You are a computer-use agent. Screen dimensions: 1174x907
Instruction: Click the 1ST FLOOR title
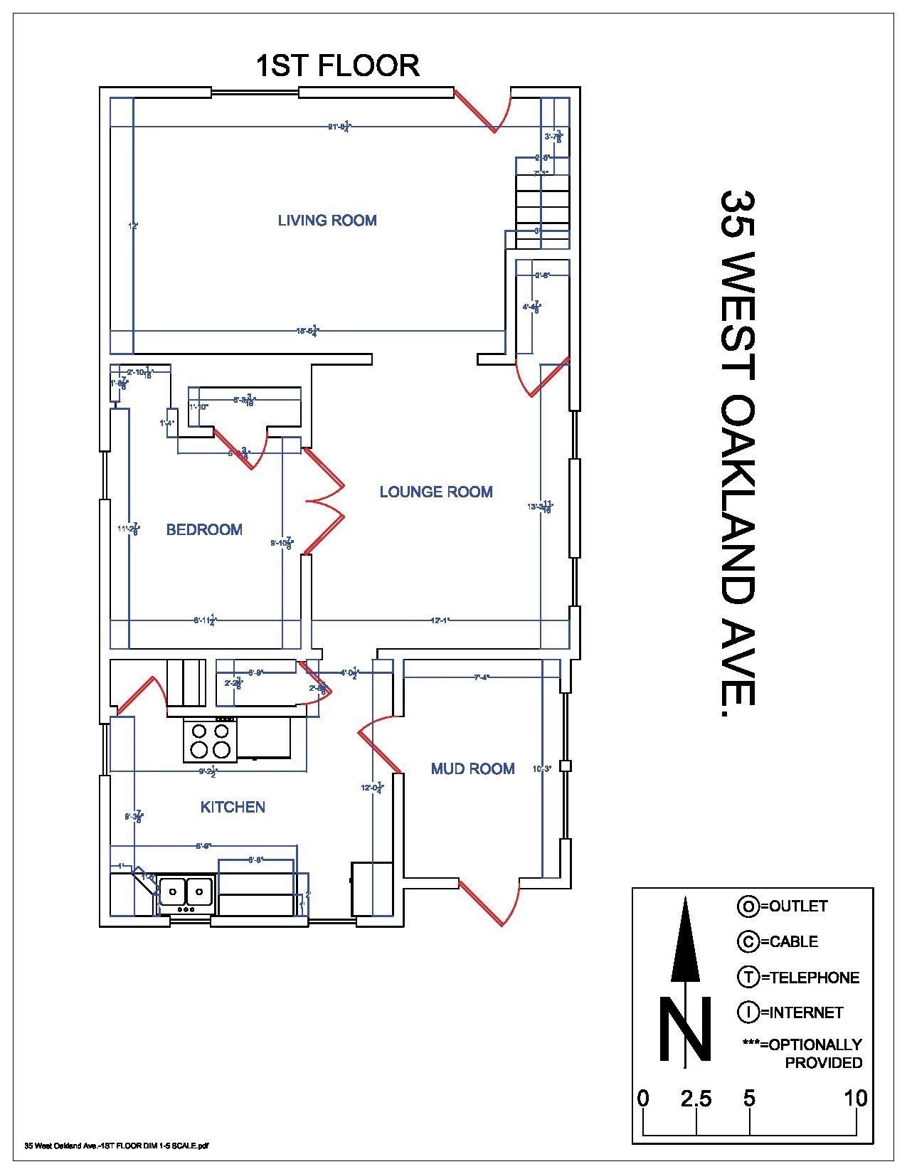point(337,65)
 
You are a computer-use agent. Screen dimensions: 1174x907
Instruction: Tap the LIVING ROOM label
point(327,221)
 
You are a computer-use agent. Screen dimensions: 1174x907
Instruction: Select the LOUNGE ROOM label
point(435,492)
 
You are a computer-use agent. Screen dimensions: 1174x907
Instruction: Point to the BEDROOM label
point(204,529)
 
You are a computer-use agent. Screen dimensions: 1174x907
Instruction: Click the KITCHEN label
point(233,807)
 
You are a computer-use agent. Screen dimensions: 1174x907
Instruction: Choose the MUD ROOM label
point(472,768)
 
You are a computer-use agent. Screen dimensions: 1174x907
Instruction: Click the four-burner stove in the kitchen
point(210,740)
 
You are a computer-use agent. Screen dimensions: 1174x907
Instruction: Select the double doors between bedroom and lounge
point(324,502)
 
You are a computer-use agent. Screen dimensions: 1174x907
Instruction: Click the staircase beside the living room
point(542,206)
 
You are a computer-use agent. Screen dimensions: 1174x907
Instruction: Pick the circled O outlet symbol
point(748,906)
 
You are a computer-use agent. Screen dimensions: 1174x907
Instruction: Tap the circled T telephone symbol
point(748,978)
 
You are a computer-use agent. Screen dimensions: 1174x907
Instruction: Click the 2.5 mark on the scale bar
point(695,1099)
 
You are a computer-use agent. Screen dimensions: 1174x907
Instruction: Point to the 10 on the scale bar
point(856,1099)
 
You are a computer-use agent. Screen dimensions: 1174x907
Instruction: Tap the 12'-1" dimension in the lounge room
point(440,620)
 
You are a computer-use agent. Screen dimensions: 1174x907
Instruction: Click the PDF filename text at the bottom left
point(117,1146)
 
